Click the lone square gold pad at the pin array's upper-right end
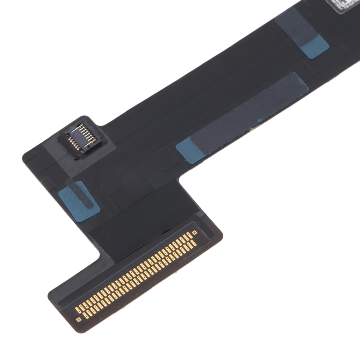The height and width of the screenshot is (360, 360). coord(194,233)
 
